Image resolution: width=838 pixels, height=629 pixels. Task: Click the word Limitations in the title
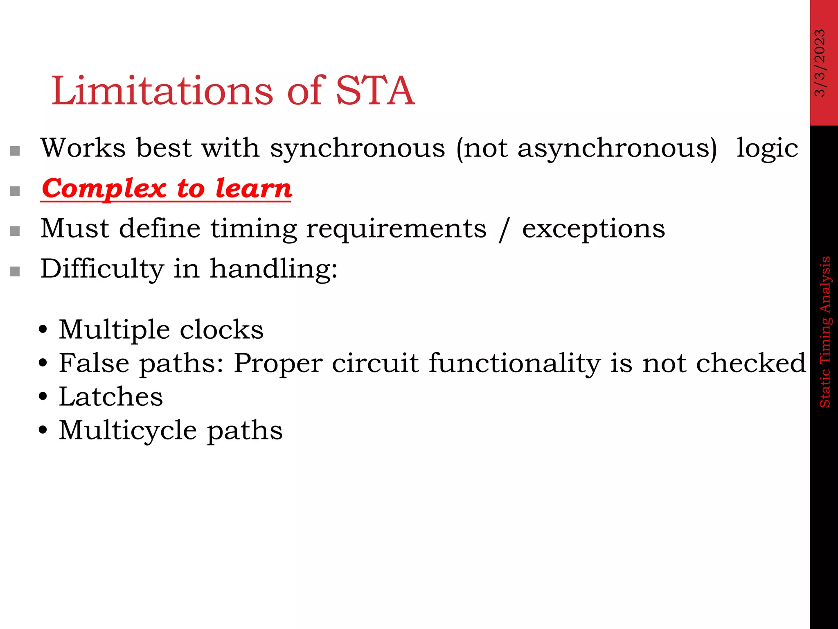coord(162,91)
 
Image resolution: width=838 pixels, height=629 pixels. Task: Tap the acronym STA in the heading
coord(375,91)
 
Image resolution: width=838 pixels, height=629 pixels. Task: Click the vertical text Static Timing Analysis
coord(825,332)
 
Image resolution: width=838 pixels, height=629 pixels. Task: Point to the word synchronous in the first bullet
coord(357,148)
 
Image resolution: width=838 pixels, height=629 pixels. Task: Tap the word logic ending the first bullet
coord(767,148)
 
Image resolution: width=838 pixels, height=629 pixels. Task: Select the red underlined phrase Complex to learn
coord(167,189)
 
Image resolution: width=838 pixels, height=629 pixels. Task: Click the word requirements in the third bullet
coord(396,229)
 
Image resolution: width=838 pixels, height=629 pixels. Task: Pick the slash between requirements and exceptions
coord(504,230)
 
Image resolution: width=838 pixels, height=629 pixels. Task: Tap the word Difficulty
coord(102,269)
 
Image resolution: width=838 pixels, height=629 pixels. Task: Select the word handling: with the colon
coord(274,269)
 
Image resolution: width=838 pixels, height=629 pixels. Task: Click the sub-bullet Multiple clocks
coord(161,330)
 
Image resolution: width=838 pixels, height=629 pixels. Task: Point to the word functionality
coord(514,363)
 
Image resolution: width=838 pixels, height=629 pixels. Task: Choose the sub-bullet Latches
coord(110,397)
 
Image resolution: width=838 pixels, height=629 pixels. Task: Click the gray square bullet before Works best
coord(15,151)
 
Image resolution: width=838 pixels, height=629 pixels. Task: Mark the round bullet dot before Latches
coord(43,397)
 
